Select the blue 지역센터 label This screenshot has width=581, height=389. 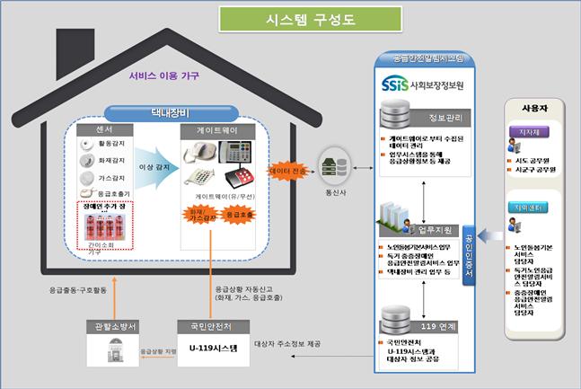(x=530, y=207)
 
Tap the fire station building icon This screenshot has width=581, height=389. (x=111, y=349)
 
